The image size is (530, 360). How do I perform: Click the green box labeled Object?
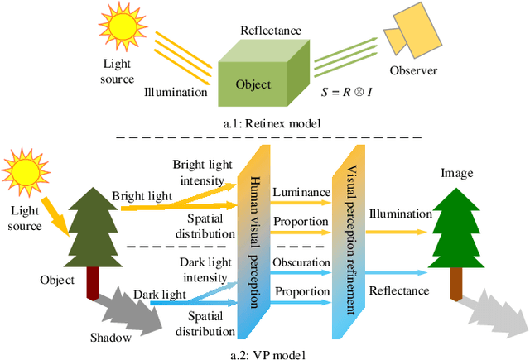tap(253, 85)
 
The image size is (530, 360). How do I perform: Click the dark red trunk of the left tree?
tap(94, 282)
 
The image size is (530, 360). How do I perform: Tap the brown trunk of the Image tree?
tap(455, 286)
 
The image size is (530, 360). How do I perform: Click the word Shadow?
tap(110, 337)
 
